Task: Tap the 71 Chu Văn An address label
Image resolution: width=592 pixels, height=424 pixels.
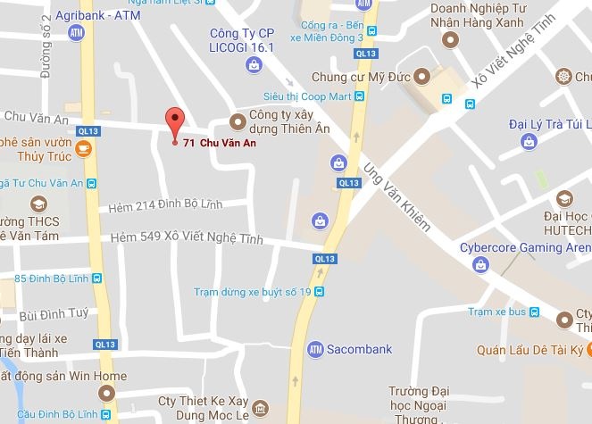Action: click(219, 143)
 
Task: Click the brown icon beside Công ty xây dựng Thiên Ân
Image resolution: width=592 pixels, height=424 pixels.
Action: click(238, 121)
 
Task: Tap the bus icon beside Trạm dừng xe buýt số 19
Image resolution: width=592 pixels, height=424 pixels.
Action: click(319, 292)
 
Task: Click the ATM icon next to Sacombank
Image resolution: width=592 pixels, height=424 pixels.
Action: click(313, 347)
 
